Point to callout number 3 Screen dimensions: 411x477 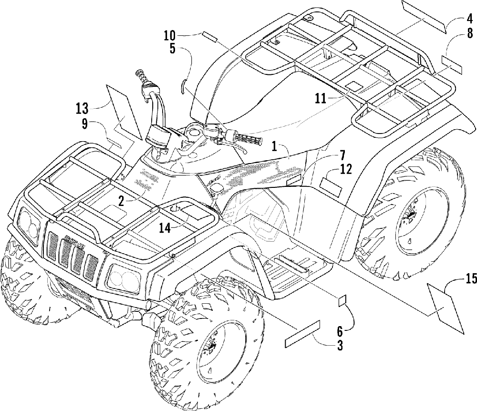click(340, 346)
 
